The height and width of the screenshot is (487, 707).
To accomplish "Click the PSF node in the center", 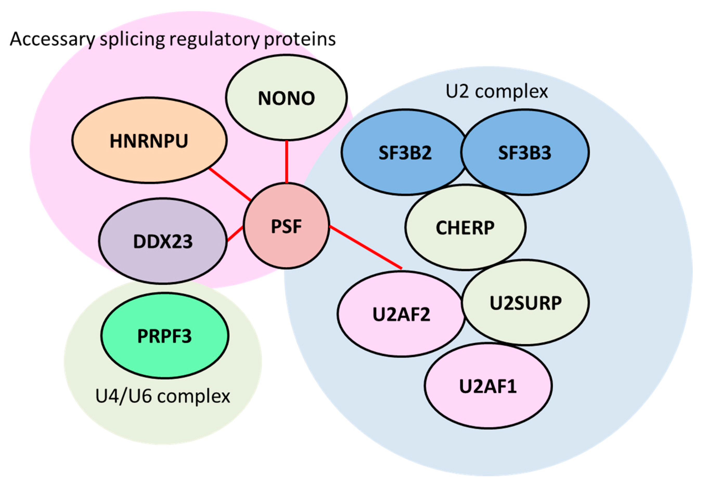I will point(286,226).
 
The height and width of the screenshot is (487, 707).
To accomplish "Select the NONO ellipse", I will point(286,98).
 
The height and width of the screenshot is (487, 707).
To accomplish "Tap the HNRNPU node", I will point(149,141).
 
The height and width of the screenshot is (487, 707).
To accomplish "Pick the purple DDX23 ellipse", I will point(163,241).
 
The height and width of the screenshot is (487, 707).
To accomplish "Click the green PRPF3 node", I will point(164,336).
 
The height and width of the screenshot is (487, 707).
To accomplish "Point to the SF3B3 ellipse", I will point(525,152).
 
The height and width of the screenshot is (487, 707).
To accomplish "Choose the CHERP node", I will point(465,228).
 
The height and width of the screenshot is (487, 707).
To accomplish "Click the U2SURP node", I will point(525,303).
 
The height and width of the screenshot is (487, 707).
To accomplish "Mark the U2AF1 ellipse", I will point(488,386).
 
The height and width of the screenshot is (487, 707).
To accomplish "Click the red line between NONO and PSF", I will point(287,162).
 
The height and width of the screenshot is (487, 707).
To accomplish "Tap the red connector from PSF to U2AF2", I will point(365,247).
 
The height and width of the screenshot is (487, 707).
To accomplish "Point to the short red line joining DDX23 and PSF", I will point(235,234).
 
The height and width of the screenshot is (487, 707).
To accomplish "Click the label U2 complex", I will point(497,91).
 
